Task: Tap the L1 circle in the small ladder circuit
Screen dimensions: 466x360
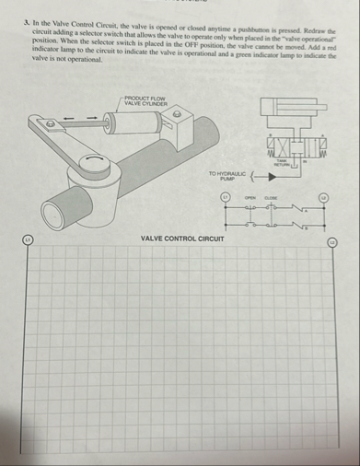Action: pyautogui.click(x=223, y=198)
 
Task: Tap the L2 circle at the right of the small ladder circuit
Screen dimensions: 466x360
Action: pyautogui.click(x=322, y=198)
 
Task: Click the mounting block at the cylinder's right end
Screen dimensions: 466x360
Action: pyautogui.click(x=180, y=116)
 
